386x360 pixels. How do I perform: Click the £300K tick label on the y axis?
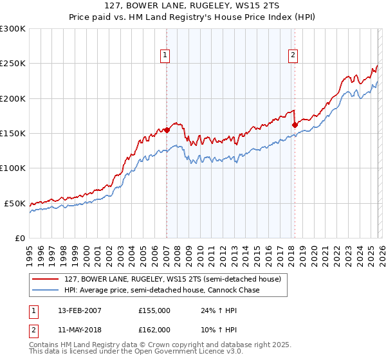[13, 29]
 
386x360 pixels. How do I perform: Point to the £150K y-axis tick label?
[13, 134]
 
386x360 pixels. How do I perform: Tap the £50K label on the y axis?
[15, 203]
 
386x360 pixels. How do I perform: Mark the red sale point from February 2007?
[167, 130]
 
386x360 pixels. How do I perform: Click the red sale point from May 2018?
[295, 125]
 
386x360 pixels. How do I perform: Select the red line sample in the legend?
[46, 280]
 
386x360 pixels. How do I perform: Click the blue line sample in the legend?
[46, 291]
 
